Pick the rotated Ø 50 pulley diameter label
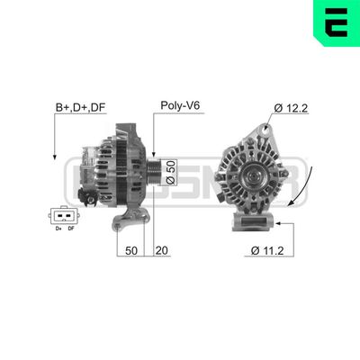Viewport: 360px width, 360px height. (x=173, y=169)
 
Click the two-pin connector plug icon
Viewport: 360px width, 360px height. (x=61, y=216)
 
